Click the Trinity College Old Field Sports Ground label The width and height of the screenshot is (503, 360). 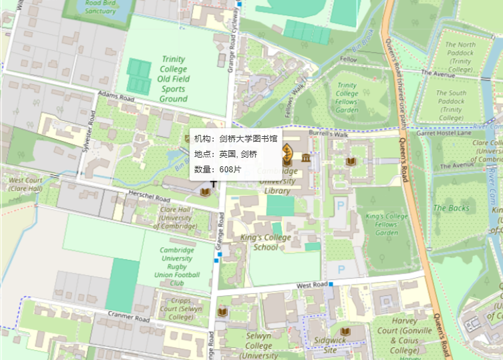(173, 79)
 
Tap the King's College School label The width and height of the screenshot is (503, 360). (265, 242)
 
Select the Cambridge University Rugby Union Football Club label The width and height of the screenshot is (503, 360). (177, 266)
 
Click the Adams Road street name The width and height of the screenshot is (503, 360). (112, 98)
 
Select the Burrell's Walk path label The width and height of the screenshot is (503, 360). (329, 134)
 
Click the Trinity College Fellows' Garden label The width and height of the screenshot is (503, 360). (347, 98)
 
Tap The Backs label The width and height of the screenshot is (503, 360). (451, 208)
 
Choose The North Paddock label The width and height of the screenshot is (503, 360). (461, 57)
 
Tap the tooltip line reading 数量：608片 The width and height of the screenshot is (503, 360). (217, 170)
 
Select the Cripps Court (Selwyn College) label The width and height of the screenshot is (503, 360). (182, 309)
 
